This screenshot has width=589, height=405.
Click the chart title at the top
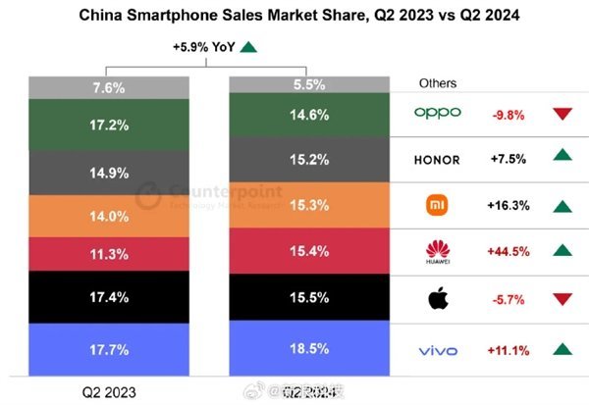point(294,15)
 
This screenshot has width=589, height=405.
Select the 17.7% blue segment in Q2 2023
point(108,350)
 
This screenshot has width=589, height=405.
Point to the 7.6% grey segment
point(108,87)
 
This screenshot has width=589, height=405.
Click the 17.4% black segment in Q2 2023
point(108,296)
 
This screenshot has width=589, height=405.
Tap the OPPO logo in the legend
point(437,113)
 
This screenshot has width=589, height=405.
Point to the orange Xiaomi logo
point(437,206)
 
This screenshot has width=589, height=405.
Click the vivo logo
point(437,349)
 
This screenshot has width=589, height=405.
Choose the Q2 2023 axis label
point(108,391)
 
